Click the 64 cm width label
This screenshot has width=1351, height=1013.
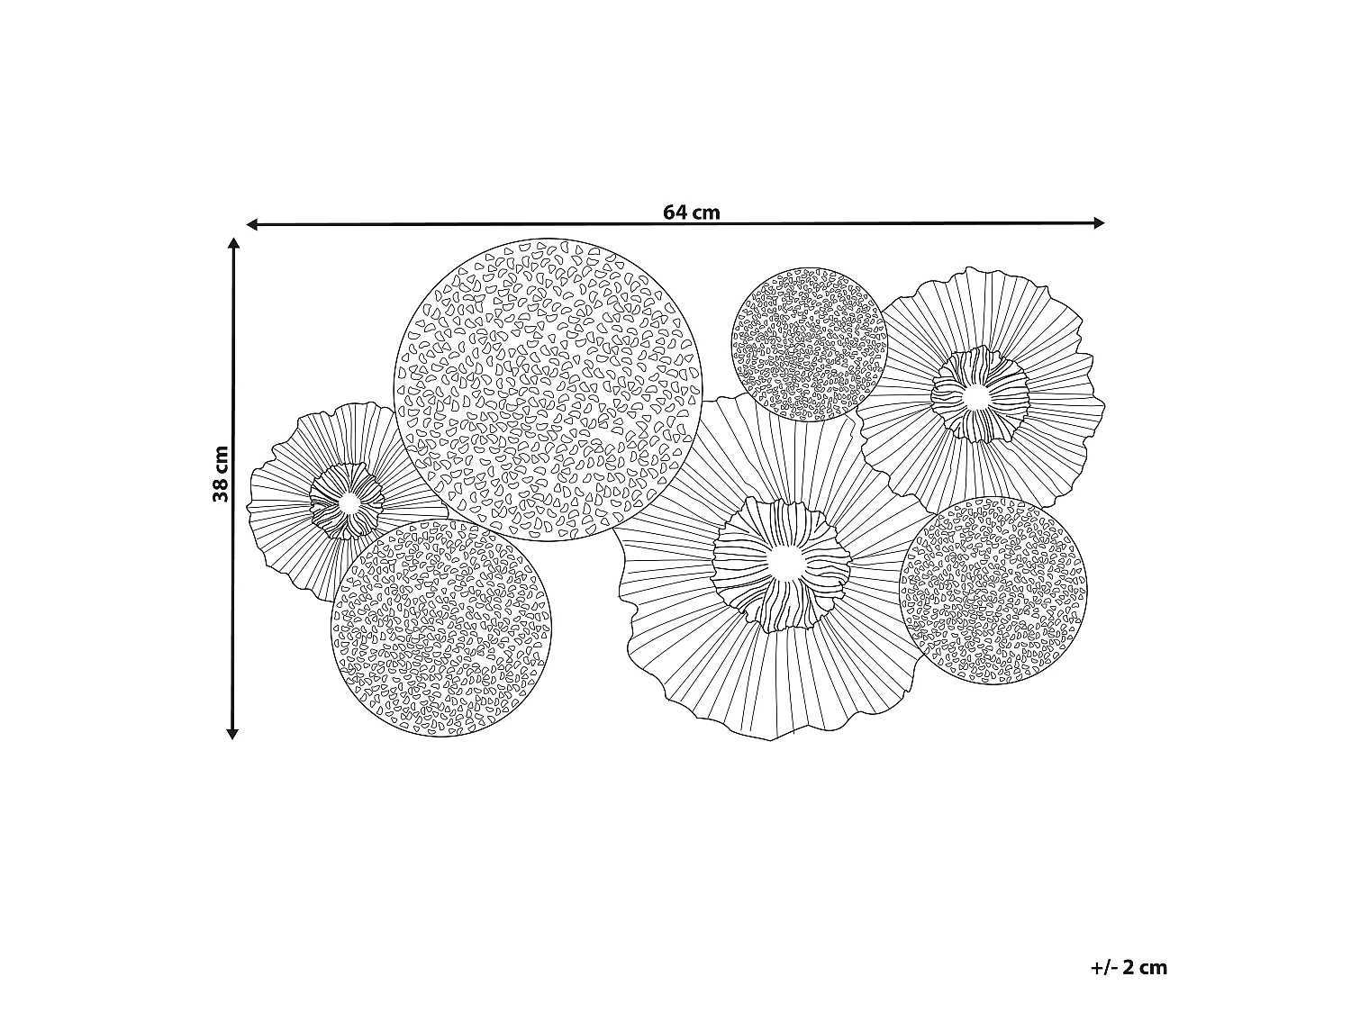pos(691,213)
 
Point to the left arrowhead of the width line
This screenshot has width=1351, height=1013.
pos(251,224)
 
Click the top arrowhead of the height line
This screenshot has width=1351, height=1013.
pos(232,243)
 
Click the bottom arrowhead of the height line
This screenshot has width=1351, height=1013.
pos(232,734)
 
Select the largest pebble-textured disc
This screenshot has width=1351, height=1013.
pos(548,390)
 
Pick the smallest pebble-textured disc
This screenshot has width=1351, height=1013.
pos(810,345)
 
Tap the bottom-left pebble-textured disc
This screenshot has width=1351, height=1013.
pos(440,628)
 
